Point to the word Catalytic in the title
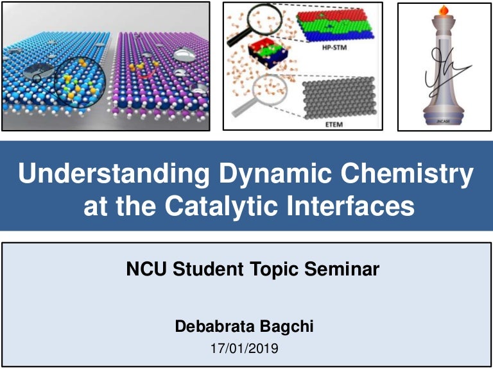tap(227, 206)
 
